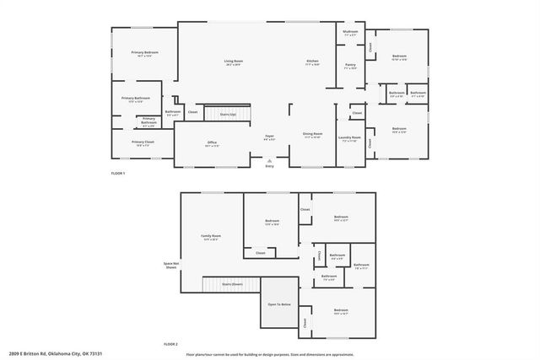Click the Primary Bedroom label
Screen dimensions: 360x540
tap(146, 54)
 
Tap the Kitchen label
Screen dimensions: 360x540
tap(312, 63)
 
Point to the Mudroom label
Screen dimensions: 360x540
tap(350, 33)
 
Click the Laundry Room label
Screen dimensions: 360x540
tap(350, 138)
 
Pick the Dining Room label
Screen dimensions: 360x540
tap(312, 135)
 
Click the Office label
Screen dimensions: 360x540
tap(213, 144)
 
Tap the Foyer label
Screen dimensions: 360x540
tap(270, 137)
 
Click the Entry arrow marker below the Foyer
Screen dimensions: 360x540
tap(270, 160)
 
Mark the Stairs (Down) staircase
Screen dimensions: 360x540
tap(233, 285)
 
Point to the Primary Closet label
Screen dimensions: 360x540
tap(143, 143)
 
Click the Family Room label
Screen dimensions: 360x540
tap(211, 238)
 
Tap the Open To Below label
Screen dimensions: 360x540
tap(279, 304)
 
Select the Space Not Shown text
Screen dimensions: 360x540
tap(171, 265)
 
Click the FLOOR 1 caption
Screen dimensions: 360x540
tap(118, 173)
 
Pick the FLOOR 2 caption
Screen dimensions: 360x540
tap(171, 344)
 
